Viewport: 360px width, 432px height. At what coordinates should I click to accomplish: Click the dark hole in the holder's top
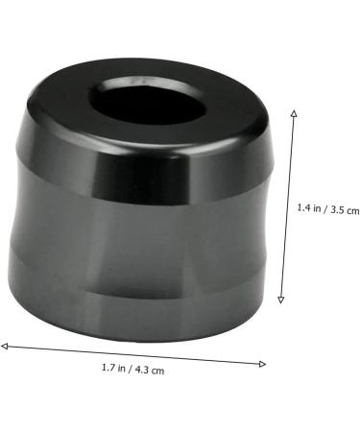tap(147, 102)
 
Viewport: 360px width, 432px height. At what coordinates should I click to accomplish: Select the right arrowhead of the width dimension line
tap(263, 364)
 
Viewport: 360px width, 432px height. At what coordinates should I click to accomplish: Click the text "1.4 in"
tap(309, 208)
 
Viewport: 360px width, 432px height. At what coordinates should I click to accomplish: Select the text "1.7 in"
tap(113, 368)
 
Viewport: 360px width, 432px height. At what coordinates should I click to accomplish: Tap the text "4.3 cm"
tap(150, 370)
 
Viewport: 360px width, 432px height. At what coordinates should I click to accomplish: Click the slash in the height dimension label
tap(325, 209)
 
